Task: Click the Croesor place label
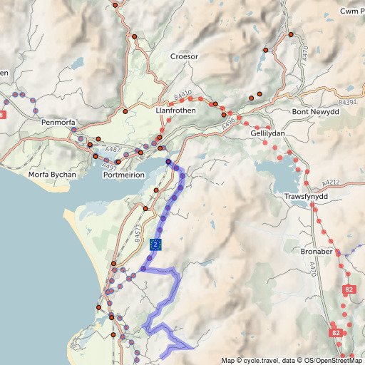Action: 184,56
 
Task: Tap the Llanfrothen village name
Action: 175,111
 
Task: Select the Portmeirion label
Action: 125,175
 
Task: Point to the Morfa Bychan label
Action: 51,175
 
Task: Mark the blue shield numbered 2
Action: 156,245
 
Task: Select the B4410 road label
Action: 183,96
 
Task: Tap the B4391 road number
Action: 348,103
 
